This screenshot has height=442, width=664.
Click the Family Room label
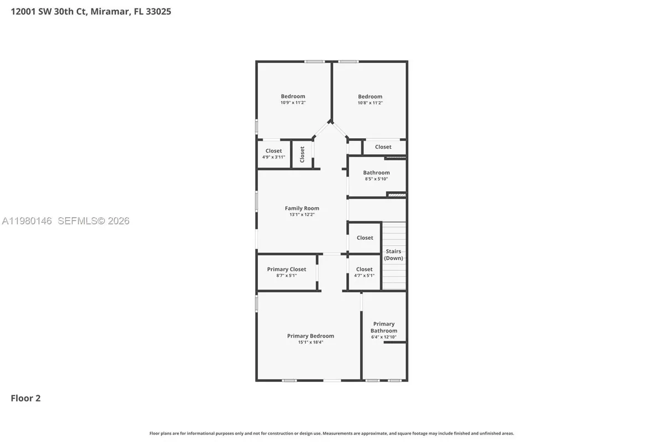point(302,208)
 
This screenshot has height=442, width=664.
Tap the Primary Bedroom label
point(310,336)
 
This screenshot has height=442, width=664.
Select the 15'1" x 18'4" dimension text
point(310,342)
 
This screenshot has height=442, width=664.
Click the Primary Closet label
point(286,269)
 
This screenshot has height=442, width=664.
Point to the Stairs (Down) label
point(393,255)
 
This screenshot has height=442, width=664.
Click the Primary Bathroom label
point(383,327)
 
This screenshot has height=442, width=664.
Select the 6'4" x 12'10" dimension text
point(383,337)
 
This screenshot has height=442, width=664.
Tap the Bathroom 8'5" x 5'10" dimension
point(376,179)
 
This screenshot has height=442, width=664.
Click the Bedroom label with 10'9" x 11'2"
point(293,96)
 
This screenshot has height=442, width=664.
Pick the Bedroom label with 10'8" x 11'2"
point(370,97)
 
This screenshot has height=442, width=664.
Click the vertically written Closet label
point(302,154)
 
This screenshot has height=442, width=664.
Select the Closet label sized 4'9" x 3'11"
point(273,151)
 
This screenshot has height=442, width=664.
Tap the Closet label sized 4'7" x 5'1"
point(364,269)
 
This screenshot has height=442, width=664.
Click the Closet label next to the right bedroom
point(383,147)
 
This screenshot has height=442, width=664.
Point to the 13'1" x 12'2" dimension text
point(302,214)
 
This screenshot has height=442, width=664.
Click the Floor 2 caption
point(25,398)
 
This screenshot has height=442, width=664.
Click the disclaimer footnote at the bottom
point(331,433)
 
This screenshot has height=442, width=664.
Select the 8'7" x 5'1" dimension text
point(286,275)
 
